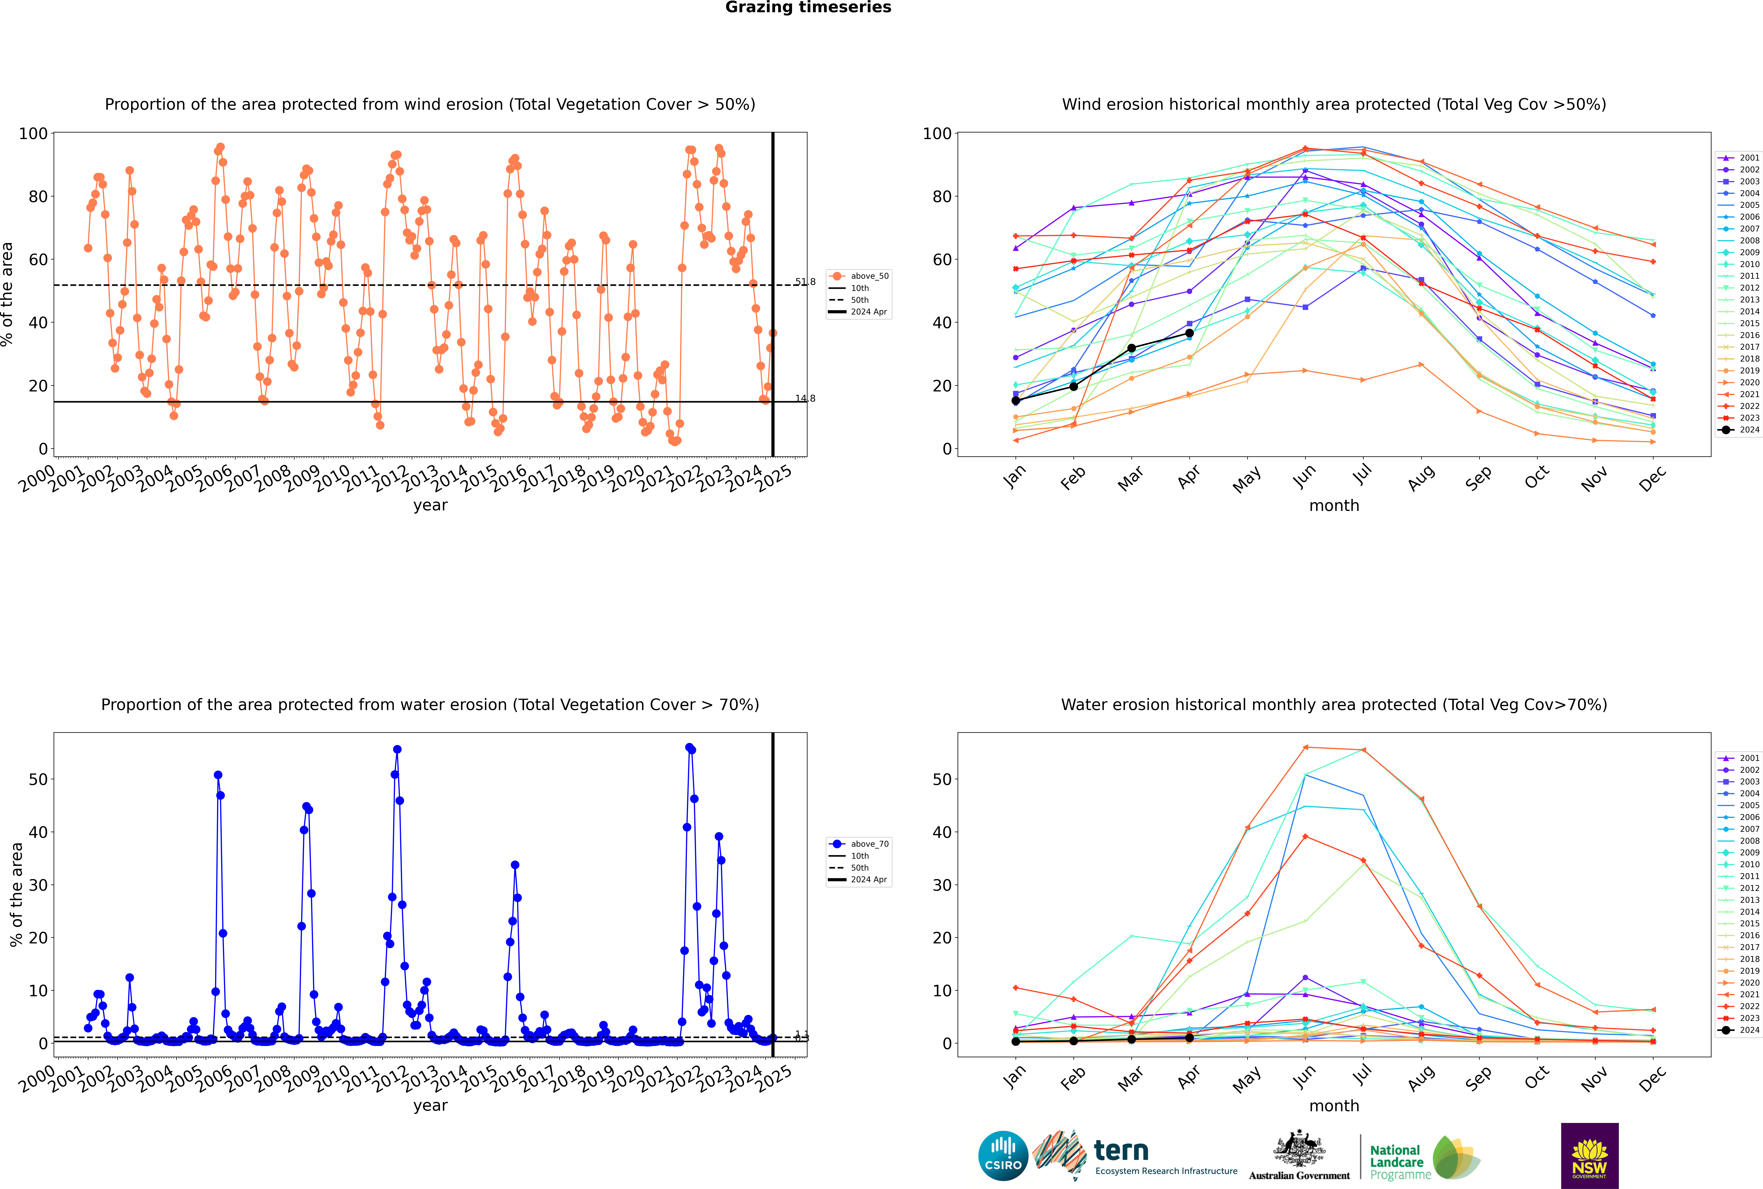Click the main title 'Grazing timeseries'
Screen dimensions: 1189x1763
[x=808, y=8]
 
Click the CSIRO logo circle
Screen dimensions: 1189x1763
[x=1003, y=1156]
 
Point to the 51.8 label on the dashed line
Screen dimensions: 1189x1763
[x=805, y=282]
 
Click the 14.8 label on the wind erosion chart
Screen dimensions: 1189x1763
[x=805, y=399]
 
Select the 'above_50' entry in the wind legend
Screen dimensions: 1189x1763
[x=869, y=276]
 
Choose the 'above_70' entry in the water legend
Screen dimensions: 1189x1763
[x=869, y=844]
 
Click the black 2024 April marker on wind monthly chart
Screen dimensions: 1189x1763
[x=1189, y=333]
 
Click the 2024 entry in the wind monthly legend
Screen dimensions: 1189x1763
[x=1749, y=430]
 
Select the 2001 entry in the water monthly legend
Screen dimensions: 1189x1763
[x=1749, y=758]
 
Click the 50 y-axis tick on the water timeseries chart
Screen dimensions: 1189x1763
[x=38, y=779]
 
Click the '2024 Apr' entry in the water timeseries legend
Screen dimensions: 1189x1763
[x=869, y=880]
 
